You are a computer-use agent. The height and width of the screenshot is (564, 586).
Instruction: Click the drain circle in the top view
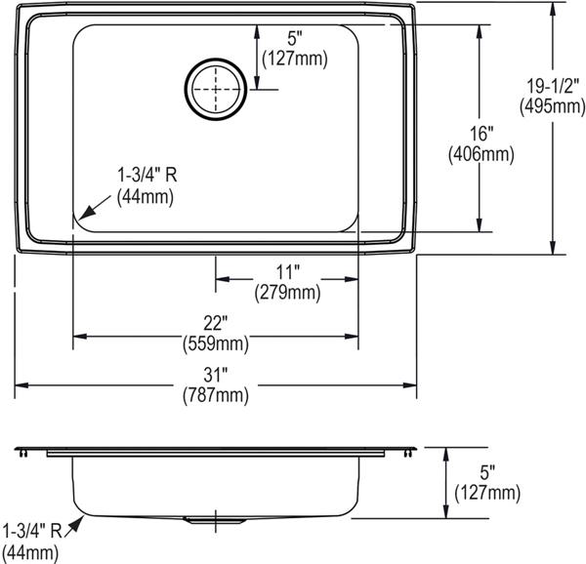click(216, 59)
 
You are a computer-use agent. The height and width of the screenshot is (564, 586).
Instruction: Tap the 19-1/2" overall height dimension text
click(553, 87)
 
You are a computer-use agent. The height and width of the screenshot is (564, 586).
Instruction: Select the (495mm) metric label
click(553, 107)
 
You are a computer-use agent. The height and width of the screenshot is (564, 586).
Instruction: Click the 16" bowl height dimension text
click(481, 134)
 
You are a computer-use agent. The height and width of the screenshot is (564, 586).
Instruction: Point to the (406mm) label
click(481, 154)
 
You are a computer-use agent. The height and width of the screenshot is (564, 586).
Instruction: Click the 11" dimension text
click(288, 272)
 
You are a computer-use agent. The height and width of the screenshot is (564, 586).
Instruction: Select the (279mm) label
click(288, 293)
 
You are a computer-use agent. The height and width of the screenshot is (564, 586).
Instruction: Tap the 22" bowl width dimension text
click(215, 323)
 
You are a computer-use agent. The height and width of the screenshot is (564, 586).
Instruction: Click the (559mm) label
click(216, 343)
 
